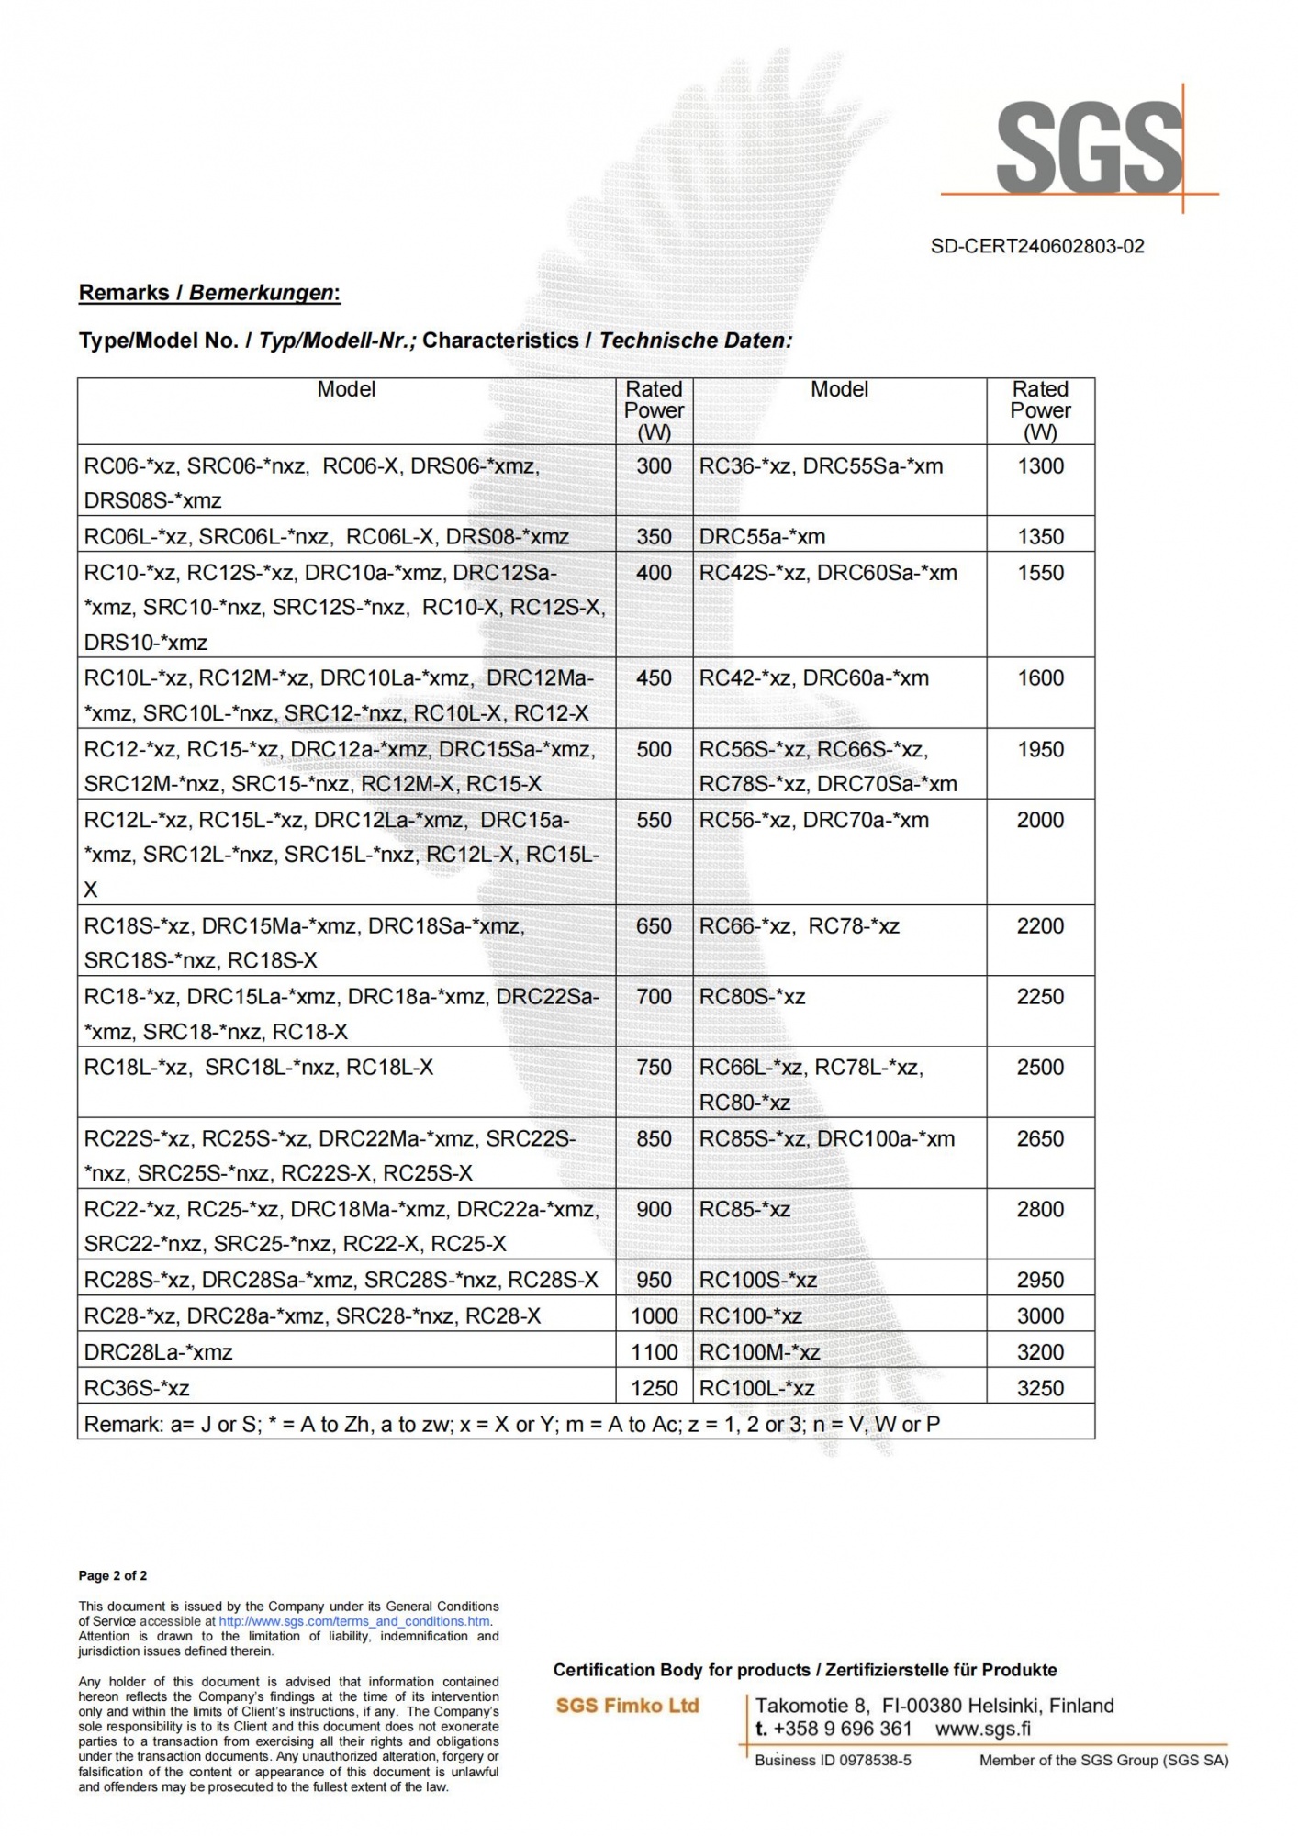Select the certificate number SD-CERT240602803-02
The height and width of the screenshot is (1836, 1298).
point(1037,246)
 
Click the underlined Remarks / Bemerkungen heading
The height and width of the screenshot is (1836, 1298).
point(209,293)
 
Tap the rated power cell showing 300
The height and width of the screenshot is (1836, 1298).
point(654,466)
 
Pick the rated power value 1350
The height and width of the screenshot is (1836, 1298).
point(1040,537)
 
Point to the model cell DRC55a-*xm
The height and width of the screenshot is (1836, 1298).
point(762,537)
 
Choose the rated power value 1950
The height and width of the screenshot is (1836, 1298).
point(1040,750)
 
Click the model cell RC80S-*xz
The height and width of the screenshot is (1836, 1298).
point(752,997)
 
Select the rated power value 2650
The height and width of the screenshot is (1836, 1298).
point(1040,1139)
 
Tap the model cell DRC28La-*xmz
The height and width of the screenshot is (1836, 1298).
point(158,1352)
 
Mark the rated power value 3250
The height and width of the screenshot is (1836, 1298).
point(1040,1388)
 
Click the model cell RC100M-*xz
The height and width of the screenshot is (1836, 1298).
point(759,1352)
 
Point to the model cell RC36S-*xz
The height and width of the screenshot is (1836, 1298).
point(137,1388)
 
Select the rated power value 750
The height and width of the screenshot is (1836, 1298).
point(654,1068)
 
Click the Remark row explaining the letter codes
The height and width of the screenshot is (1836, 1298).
point(511,1424)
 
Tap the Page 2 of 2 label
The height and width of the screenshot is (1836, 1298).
point(113,1575)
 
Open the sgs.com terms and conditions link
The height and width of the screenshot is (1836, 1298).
point(354,1621)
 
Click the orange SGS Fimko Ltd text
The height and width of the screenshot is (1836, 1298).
point(627,1706)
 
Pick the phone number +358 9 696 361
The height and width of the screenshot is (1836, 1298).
point(842,1729)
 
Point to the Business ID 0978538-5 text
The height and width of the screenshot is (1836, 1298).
point(833,1760)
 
